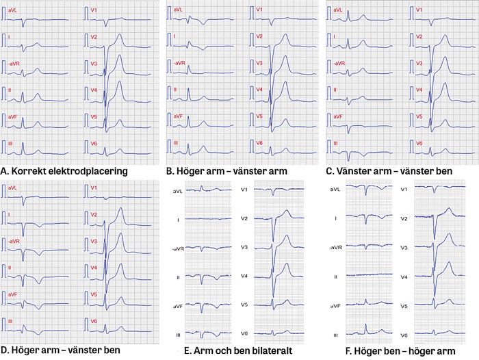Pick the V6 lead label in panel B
tap(259, 142)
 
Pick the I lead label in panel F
tap(334, 218)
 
